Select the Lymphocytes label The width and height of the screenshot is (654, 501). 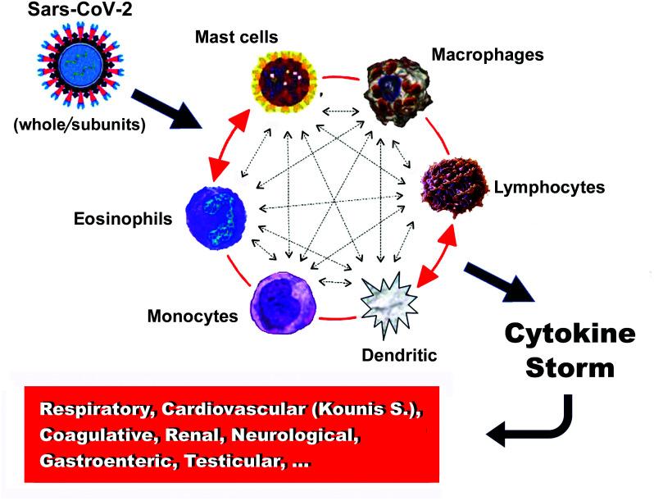[549, 188]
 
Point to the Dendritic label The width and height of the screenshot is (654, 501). [398, 355]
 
